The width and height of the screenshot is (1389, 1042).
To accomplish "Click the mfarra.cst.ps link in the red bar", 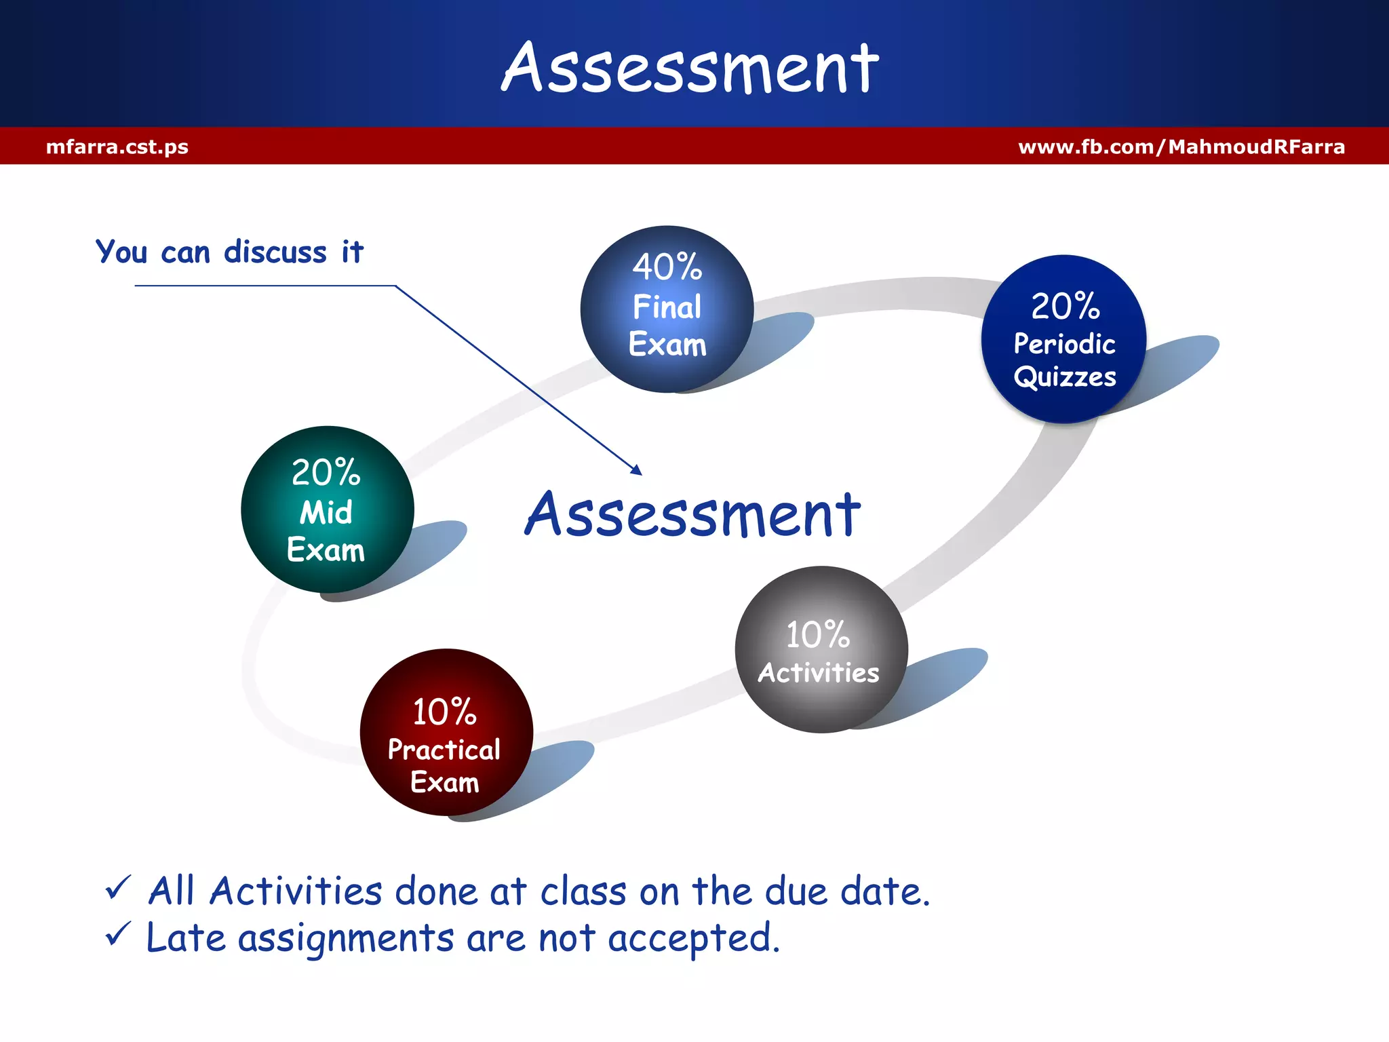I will (117, 147).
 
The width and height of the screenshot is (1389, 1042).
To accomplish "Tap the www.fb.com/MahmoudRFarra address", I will (1181, 147).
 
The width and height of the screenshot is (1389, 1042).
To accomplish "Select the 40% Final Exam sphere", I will (667, 309).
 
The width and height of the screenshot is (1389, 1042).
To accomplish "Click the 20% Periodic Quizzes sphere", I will (1063, 339).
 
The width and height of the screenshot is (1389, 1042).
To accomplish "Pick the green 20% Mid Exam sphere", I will (327, 509).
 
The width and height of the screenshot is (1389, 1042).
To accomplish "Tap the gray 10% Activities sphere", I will (821, 649).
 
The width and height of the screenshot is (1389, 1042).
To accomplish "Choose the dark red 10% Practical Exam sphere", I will (446, 732).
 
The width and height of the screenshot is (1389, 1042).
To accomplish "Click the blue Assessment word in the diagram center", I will (692, 516).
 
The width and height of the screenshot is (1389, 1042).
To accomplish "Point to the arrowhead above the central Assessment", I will (637, 470).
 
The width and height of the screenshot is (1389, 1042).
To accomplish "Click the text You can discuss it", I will (229, 252).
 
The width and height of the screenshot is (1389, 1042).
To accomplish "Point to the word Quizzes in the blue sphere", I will (1064, 377).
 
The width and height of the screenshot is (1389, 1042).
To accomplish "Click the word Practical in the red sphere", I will (444, 750).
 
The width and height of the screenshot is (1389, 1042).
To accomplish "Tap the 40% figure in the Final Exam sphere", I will (667, 267).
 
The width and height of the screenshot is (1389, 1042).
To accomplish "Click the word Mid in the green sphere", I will (326, 512).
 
